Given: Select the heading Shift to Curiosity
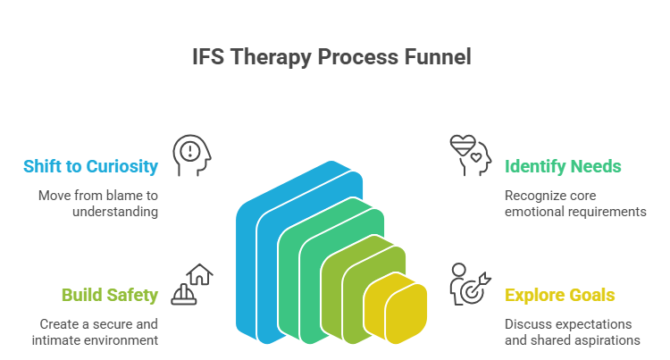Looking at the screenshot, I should (x=91, y=166).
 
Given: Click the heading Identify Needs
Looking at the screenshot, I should (x=563, y=166).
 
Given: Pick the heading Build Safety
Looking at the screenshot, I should (x=110, y=294).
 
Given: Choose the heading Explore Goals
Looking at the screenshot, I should (x=560, y=294).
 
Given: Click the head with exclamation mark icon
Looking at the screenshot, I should (x=191, y=155).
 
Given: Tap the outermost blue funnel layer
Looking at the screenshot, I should (x=250, y=268).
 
